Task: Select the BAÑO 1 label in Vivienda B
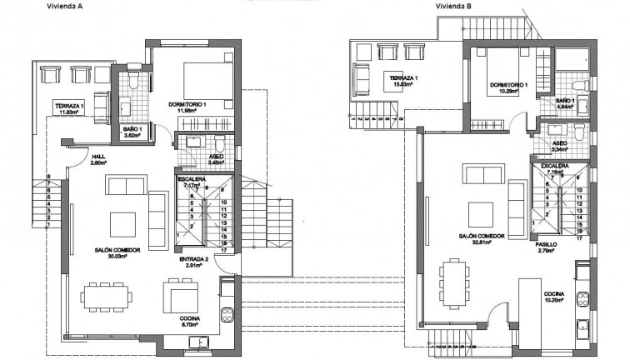pos(565,100)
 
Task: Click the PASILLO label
pos(547,245)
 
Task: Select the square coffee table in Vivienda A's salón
pos(122,223)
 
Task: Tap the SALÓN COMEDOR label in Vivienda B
pos(479,237)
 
